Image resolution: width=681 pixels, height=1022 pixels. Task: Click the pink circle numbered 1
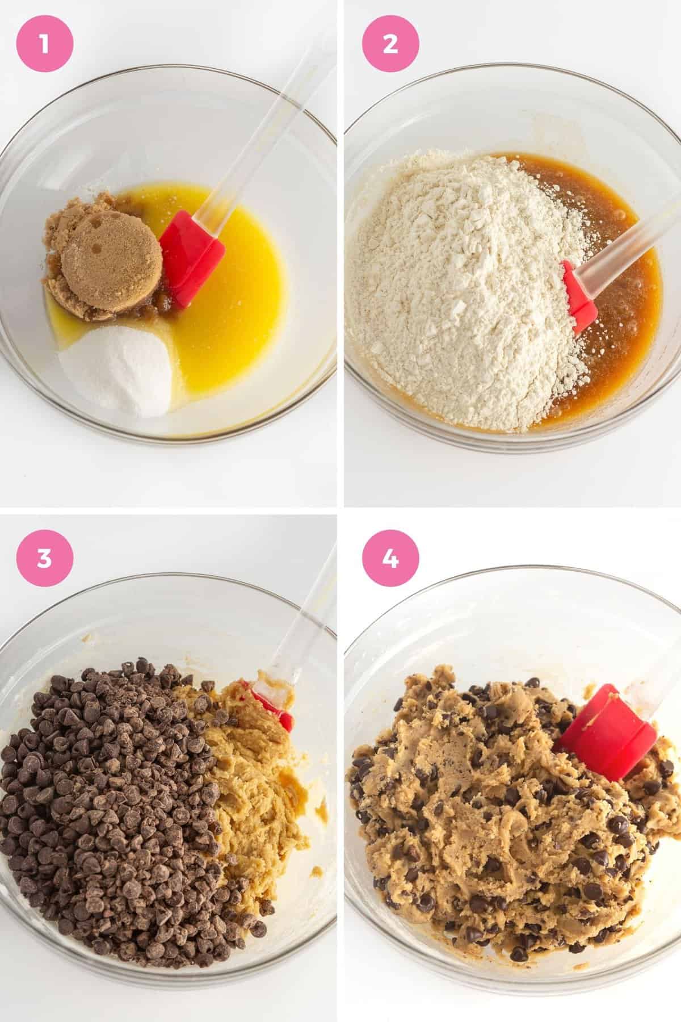pos(45,45)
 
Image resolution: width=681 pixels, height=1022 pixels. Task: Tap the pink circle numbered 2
pos(390,45)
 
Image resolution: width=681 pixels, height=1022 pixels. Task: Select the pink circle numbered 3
pos(45,558)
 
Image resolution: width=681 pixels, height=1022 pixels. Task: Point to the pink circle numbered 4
pos(390,558)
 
